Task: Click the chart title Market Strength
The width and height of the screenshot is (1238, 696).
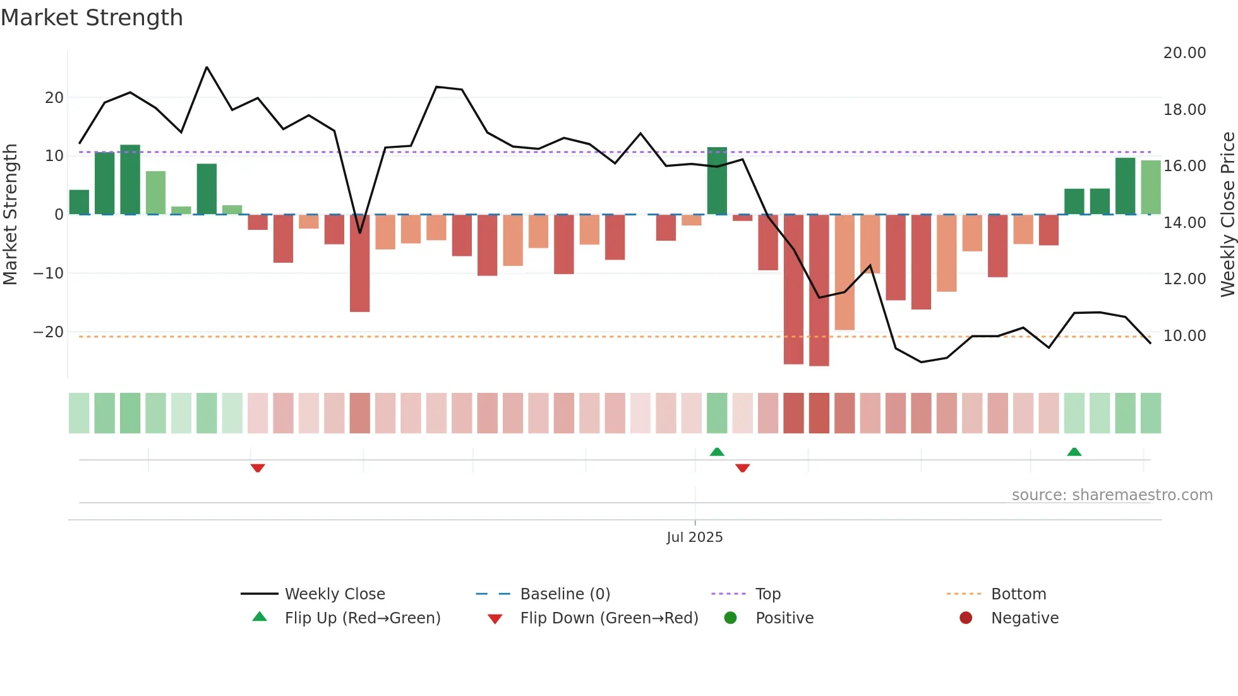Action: click(92, 18)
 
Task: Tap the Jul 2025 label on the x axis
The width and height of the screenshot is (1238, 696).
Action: click(694, 537)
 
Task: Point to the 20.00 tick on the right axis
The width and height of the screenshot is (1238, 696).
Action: click(1184, 53)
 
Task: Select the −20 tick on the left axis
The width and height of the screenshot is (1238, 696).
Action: click(49, 332)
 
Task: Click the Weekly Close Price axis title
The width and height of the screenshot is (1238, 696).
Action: click(1227, 214)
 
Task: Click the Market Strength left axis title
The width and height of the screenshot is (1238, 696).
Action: click(11, 214)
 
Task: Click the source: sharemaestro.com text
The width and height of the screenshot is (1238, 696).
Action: click(1112, 495)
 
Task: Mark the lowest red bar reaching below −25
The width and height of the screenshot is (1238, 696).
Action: click(819, 291)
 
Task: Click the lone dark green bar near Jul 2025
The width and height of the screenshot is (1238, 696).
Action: click(717, 181)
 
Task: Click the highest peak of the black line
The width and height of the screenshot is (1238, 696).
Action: click(207, 68)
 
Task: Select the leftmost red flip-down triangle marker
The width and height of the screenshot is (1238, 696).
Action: click(257, 468)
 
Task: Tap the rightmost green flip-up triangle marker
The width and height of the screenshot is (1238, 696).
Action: click(1074, 452)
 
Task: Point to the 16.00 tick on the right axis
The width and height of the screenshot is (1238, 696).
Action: click(1184, 166)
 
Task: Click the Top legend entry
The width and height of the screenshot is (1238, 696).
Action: click(767, 594)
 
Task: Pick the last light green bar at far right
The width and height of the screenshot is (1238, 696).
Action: click(1150, 188)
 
